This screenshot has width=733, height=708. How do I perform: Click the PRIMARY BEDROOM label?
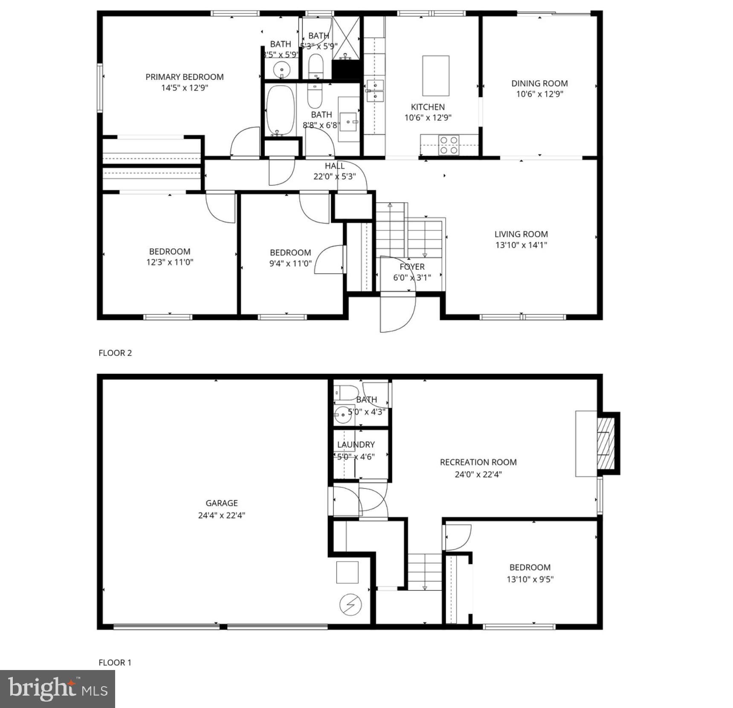pyautogui.click(x=184, y=77)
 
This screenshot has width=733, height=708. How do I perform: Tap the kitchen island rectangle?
pyautogui.click(x=435, y=76)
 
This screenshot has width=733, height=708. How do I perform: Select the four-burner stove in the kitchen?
pyautogui.click(x=449, y=145)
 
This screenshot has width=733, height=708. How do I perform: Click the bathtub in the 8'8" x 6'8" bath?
pyautogui.click(x=280, y=110)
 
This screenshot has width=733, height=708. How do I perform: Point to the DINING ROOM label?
pyautogui.click(x=539, y=84)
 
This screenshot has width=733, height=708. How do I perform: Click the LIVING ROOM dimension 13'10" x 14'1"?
pyautogui.click(x=521, y=245)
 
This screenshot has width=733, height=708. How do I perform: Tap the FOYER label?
pyautogui.click(x=412, y=267)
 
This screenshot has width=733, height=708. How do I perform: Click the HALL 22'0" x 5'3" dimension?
pyautogui.click(x=334, y=177)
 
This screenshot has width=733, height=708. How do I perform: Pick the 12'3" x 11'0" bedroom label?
pyautogui.click(x=169, y=252)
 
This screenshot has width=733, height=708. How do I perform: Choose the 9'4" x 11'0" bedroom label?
pyautogui.click(x=290, y=253)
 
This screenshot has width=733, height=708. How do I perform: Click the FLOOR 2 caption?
pyautogui.click(x=115, y=353)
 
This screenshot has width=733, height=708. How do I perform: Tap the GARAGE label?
pyautogui.click(x=221, y=503)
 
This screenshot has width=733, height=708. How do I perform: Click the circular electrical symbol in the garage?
pyautogui.click(x=351, y=604)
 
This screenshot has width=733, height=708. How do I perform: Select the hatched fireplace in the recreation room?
pyautogui.click(x=606, y=443)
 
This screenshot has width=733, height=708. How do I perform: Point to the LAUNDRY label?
pyautogui.click(x=356, y=445)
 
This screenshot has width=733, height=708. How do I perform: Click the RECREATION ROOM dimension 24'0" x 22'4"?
pyautogui.click(x=478, y=474)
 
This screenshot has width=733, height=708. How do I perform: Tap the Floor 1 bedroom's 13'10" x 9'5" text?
pyautogui.click(x=530, y=579)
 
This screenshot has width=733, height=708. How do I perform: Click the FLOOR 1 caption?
pyautogui.click(x=115, y=662)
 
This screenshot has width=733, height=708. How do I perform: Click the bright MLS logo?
pyautogui.click(x=58, y=688)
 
